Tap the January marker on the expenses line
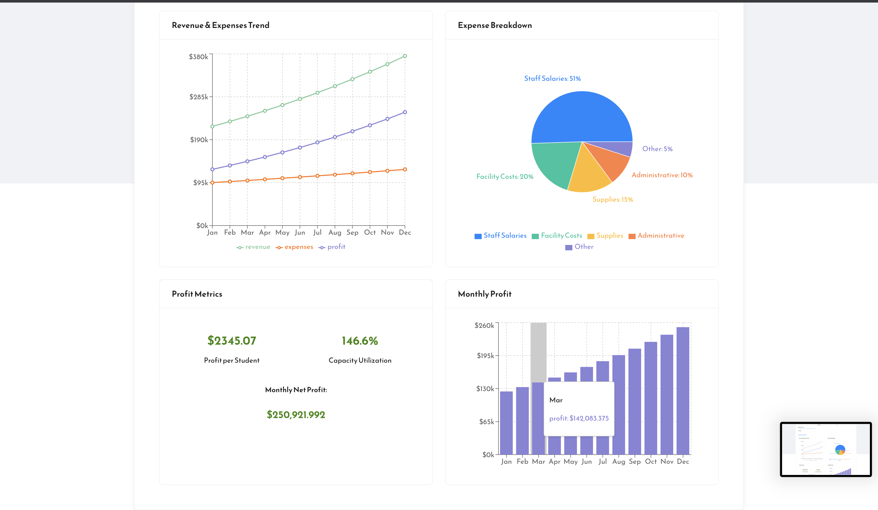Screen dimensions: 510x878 (213, 183)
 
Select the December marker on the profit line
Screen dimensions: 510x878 (405, 112)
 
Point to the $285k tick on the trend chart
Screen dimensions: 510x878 (199, 97)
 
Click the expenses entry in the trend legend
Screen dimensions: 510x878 (294, 247)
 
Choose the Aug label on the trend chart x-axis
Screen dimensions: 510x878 (335, 232)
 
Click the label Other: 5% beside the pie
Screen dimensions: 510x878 (657, 149)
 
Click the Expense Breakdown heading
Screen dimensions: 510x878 (495, 25)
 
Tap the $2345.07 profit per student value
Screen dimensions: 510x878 (232, 340)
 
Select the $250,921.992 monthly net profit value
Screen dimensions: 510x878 (296, 415)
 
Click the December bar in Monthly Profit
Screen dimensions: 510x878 (683, 390)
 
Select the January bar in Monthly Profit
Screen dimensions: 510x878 (506, 423)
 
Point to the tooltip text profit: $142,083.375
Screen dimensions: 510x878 (579, 418)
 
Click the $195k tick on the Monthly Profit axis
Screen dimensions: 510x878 (485, 356)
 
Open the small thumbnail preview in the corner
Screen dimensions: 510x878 (826, 449)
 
